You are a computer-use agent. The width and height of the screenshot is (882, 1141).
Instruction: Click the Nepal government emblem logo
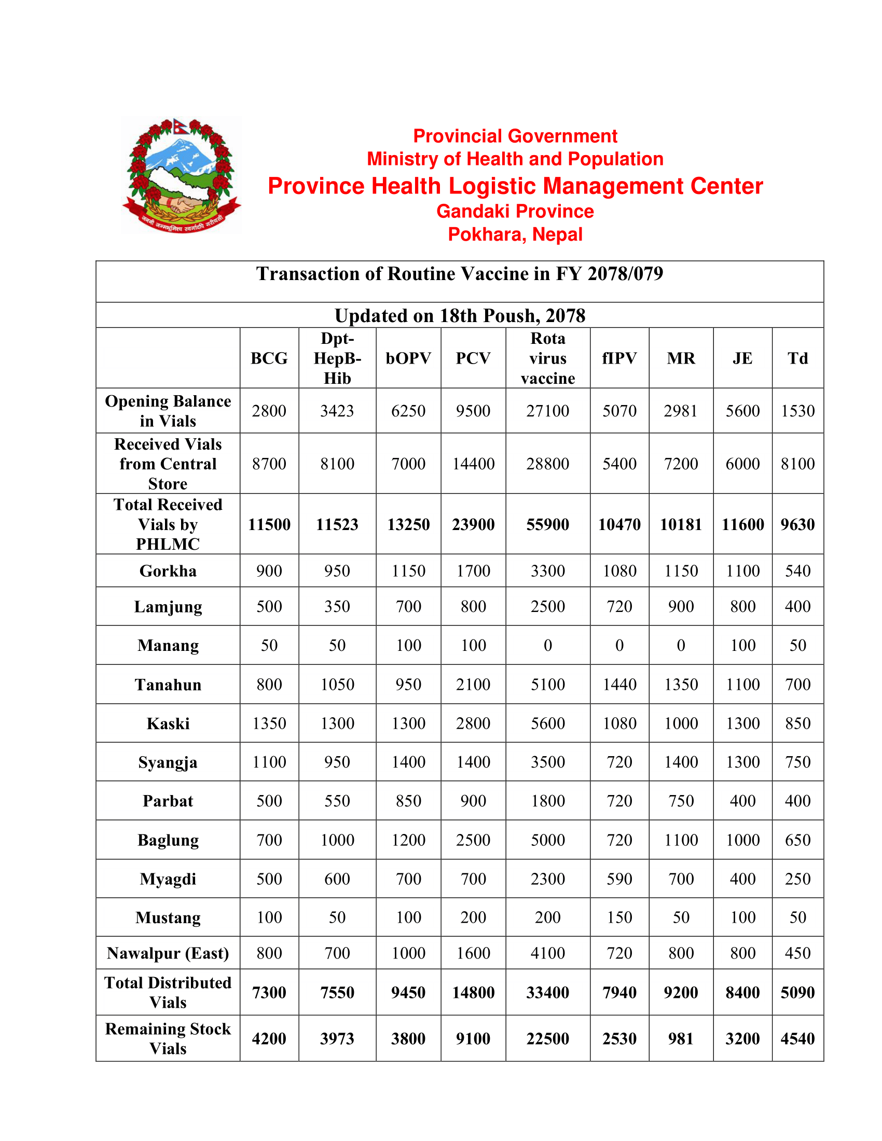[181, 175]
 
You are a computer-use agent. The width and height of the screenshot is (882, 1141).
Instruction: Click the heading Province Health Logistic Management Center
[515, 186]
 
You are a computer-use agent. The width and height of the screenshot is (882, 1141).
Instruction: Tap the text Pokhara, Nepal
[515, 234]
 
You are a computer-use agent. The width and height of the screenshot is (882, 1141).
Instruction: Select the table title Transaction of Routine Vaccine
[459, 274]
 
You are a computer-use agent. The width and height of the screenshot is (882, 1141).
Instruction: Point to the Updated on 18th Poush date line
[459, 315]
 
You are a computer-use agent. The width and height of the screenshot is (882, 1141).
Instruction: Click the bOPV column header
[408, 358]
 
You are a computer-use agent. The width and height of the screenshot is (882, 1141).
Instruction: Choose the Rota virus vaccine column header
[547, 358]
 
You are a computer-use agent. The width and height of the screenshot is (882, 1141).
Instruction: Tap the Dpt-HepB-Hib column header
[337, 358]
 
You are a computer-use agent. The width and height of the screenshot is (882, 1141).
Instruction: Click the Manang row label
[168, 645]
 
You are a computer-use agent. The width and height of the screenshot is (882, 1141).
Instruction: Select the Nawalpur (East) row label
[168, 953]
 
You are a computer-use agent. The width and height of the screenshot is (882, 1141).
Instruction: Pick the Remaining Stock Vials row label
[168, 1038]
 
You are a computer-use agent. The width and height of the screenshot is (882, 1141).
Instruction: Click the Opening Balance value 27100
[547, 411]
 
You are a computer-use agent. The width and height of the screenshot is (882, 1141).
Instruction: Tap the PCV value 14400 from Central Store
[473, 463]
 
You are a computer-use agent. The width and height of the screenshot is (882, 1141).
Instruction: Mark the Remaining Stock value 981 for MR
[681, 1038]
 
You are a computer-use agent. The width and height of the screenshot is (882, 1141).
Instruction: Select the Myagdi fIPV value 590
[619, 879]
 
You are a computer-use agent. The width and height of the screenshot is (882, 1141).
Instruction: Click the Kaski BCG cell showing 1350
[269, 723]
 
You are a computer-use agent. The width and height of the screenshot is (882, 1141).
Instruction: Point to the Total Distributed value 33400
[547, 992]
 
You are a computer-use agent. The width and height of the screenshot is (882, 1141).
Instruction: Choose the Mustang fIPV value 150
[619, 917]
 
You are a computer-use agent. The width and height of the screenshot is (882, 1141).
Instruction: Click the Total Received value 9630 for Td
[797, 524]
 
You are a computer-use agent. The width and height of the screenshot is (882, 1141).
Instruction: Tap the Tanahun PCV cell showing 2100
[473, 685]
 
